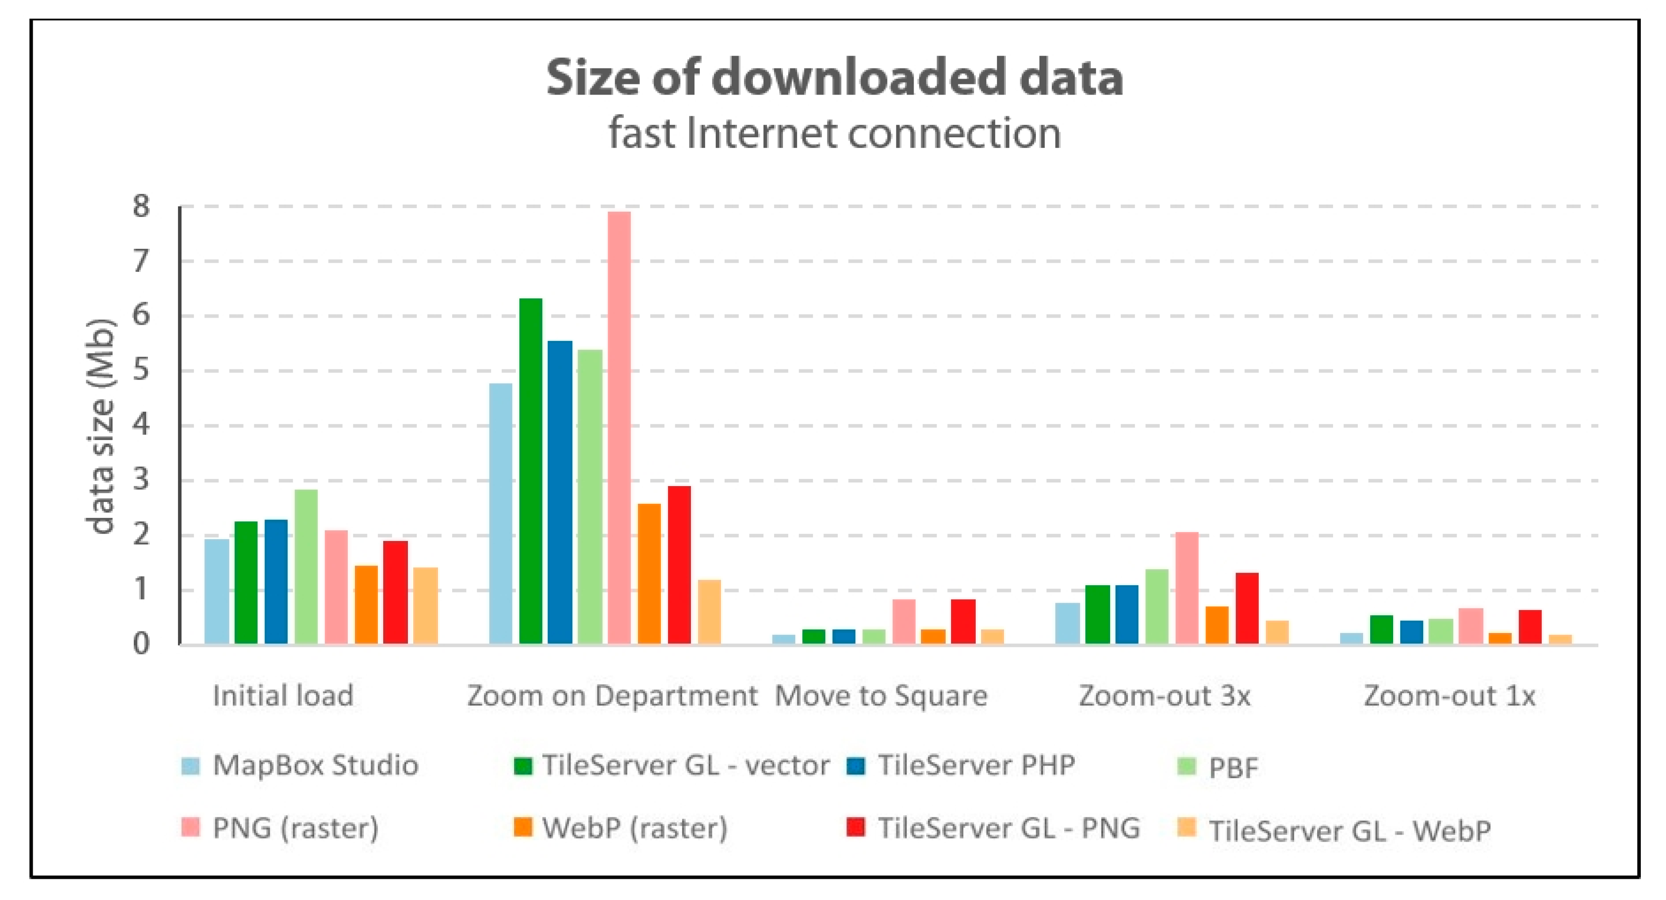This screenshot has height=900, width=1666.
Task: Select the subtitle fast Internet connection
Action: pos(834,133)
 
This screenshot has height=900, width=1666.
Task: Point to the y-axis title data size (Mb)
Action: pos(102,427)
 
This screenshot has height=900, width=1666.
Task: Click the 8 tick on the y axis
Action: pos(141,207)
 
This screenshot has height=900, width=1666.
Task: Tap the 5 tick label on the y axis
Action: pos(141,371)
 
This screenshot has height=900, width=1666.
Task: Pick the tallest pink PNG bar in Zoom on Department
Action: pos(619,427)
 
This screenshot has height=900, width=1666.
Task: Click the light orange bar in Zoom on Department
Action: pos(710,611)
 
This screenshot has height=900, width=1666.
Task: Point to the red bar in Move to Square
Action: pos(963,621)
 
